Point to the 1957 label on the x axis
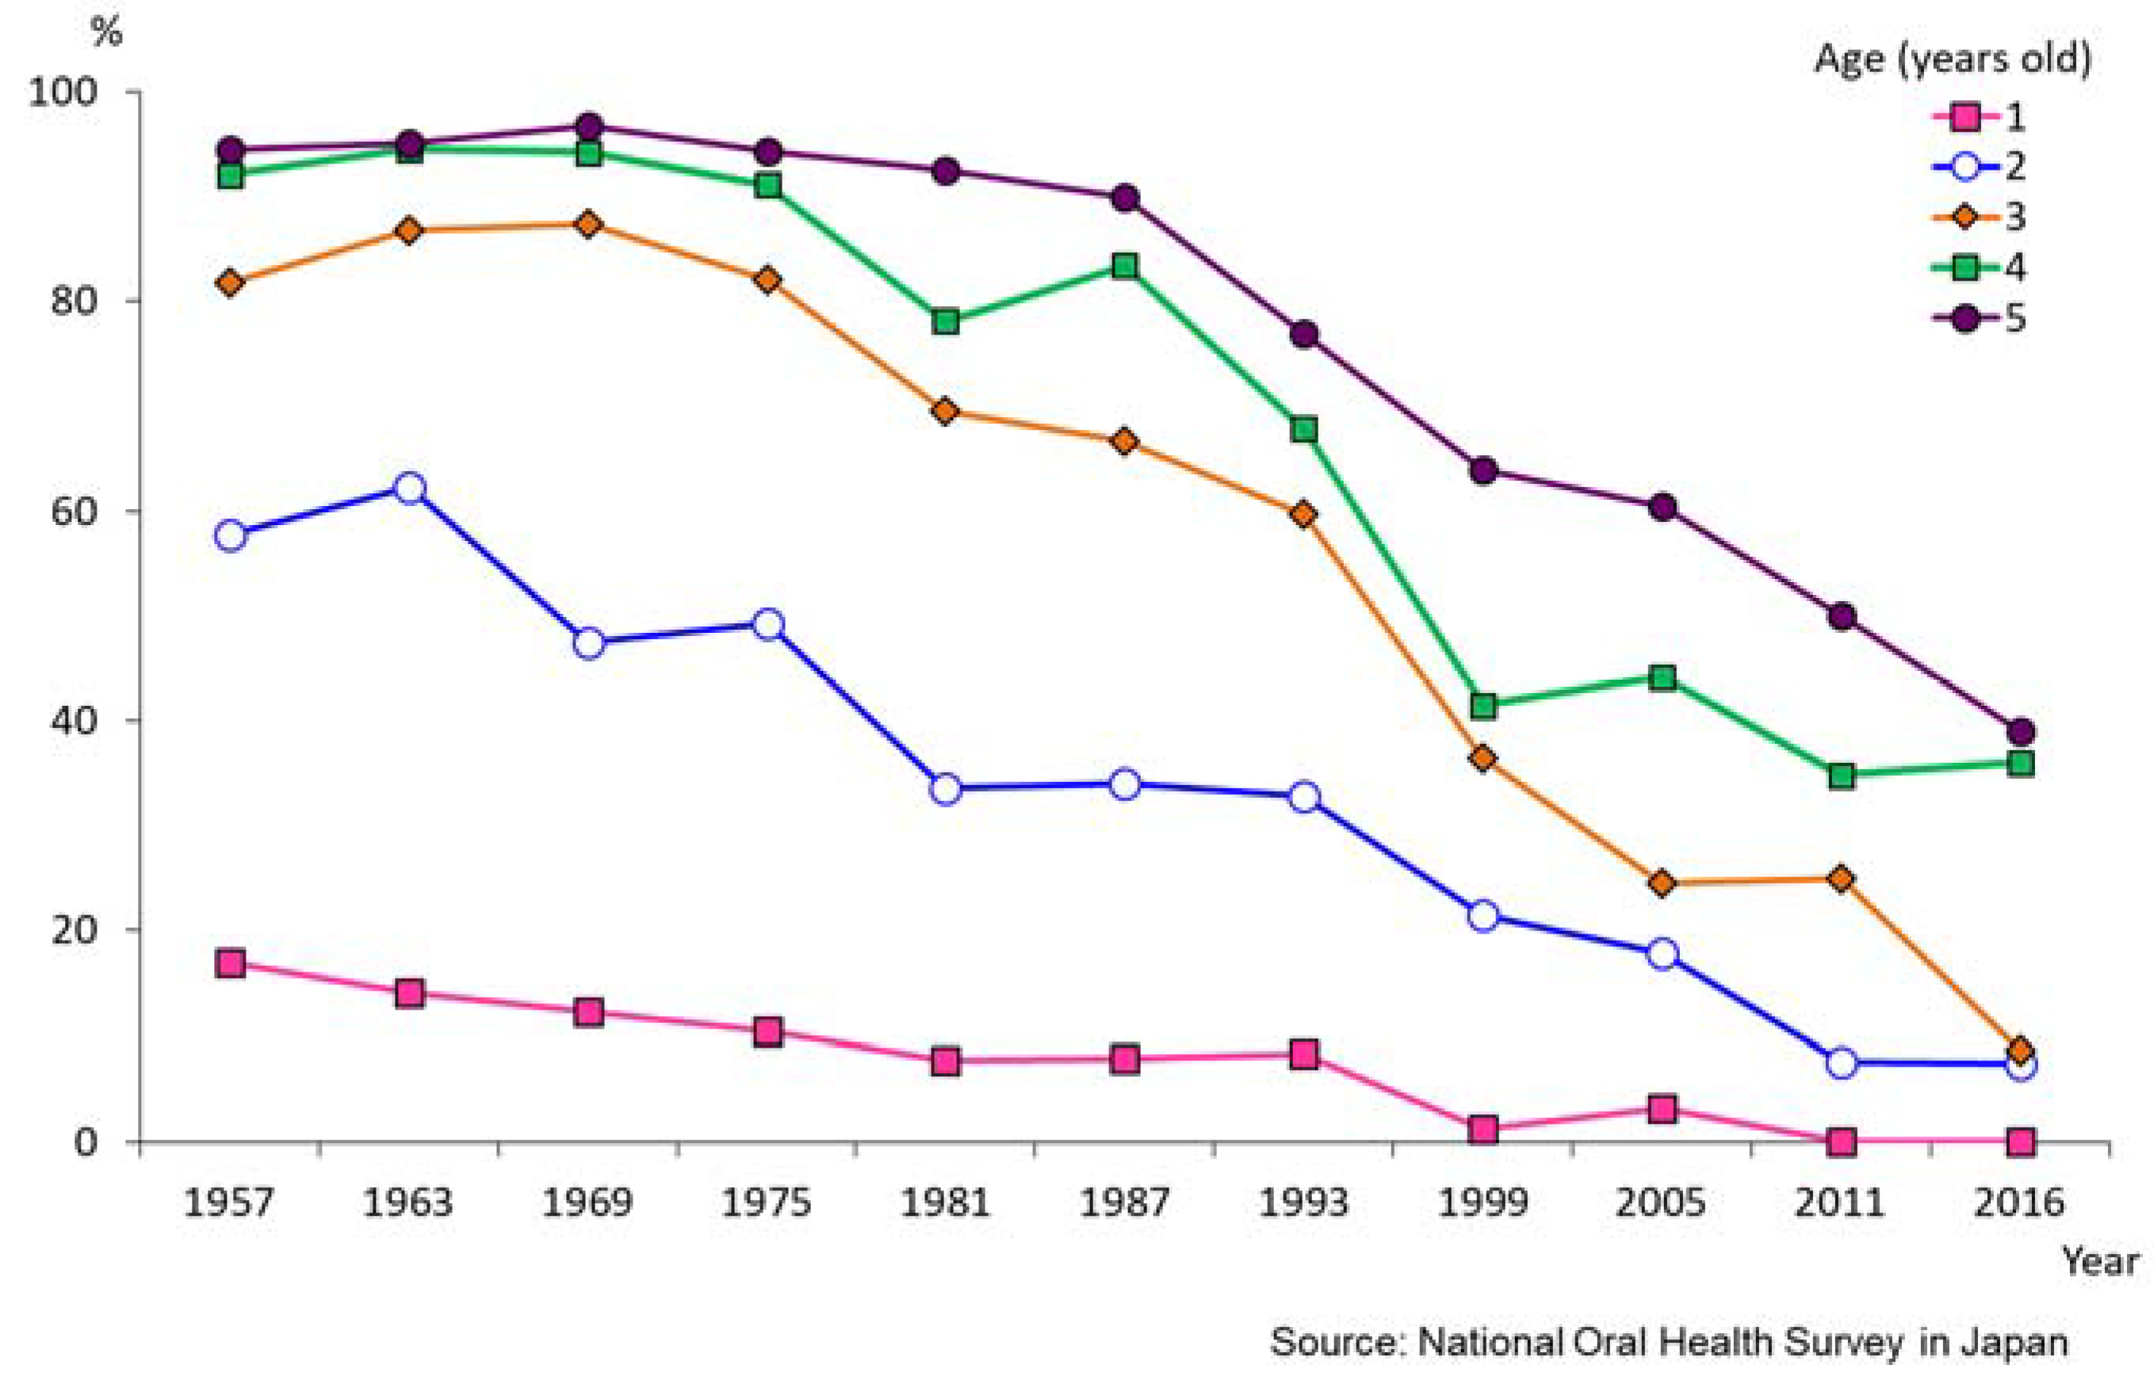[228, 1202]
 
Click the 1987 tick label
[1124, 1202]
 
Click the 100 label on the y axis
[62, 92]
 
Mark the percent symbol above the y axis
[106, 33]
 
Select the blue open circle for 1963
[410, 489]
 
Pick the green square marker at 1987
[1125, 266]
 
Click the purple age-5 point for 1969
[588, 126]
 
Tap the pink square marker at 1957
[231, 964]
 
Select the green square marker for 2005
[1662, 677]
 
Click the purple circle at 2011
[1841, 616]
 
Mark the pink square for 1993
[1304, 1055]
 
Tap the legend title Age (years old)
[1953, 59]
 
